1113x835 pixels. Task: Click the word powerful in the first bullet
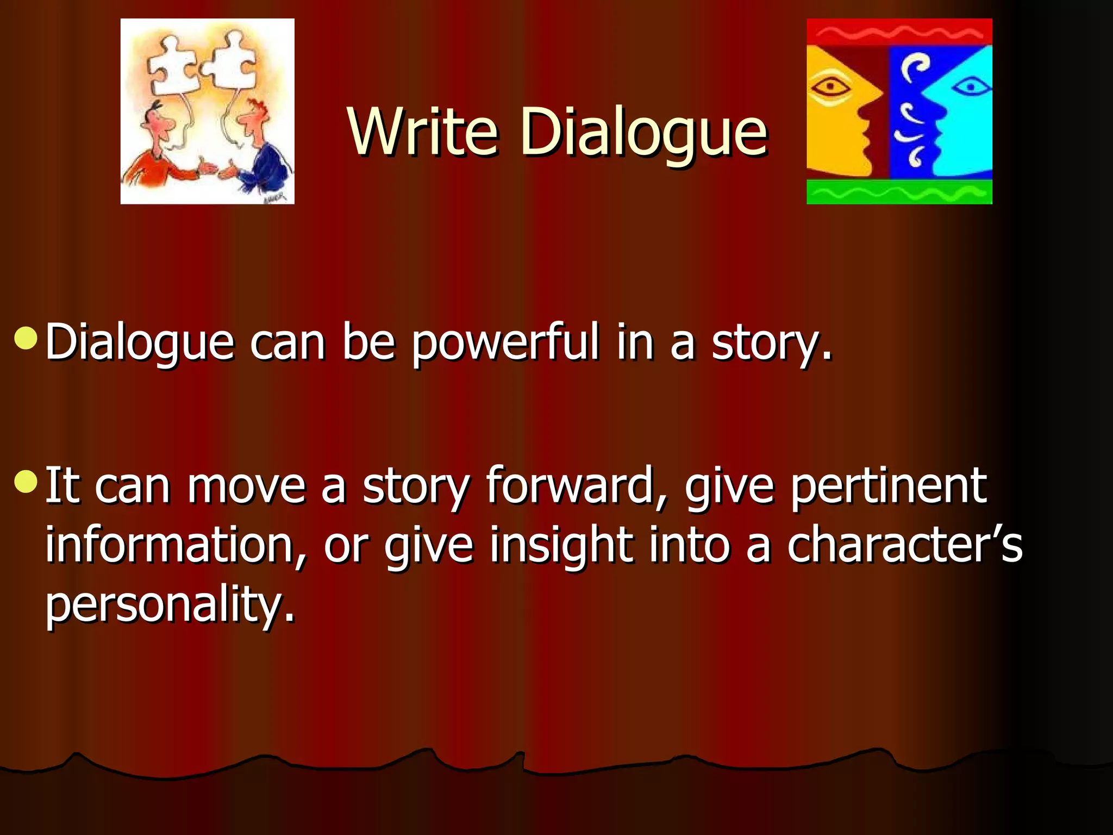click(505, 342)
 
